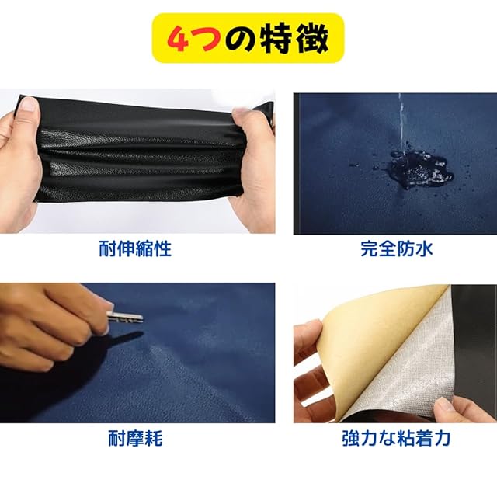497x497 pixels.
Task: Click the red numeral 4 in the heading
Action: (x=179, y=38)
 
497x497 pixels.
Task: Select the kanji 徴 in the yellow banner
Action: (x=312, y=38)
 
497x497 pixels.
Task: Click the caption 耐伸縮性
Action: (x=135, y=249)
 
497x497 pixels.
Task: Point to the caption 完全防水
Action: (x=397, y=249)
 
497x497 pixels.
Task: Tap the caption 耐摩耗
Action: (x=135, y=439)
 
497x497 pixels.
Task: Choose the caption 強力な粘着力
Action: (x=397, y=439)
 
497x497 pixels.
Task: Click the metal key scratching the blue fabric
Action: (x=125, y=317)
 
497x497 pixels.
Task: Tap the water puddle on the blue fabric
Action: (x=419, y=169)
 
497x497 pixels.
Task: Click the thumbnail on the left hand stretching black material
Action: (x=30, y=103)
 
